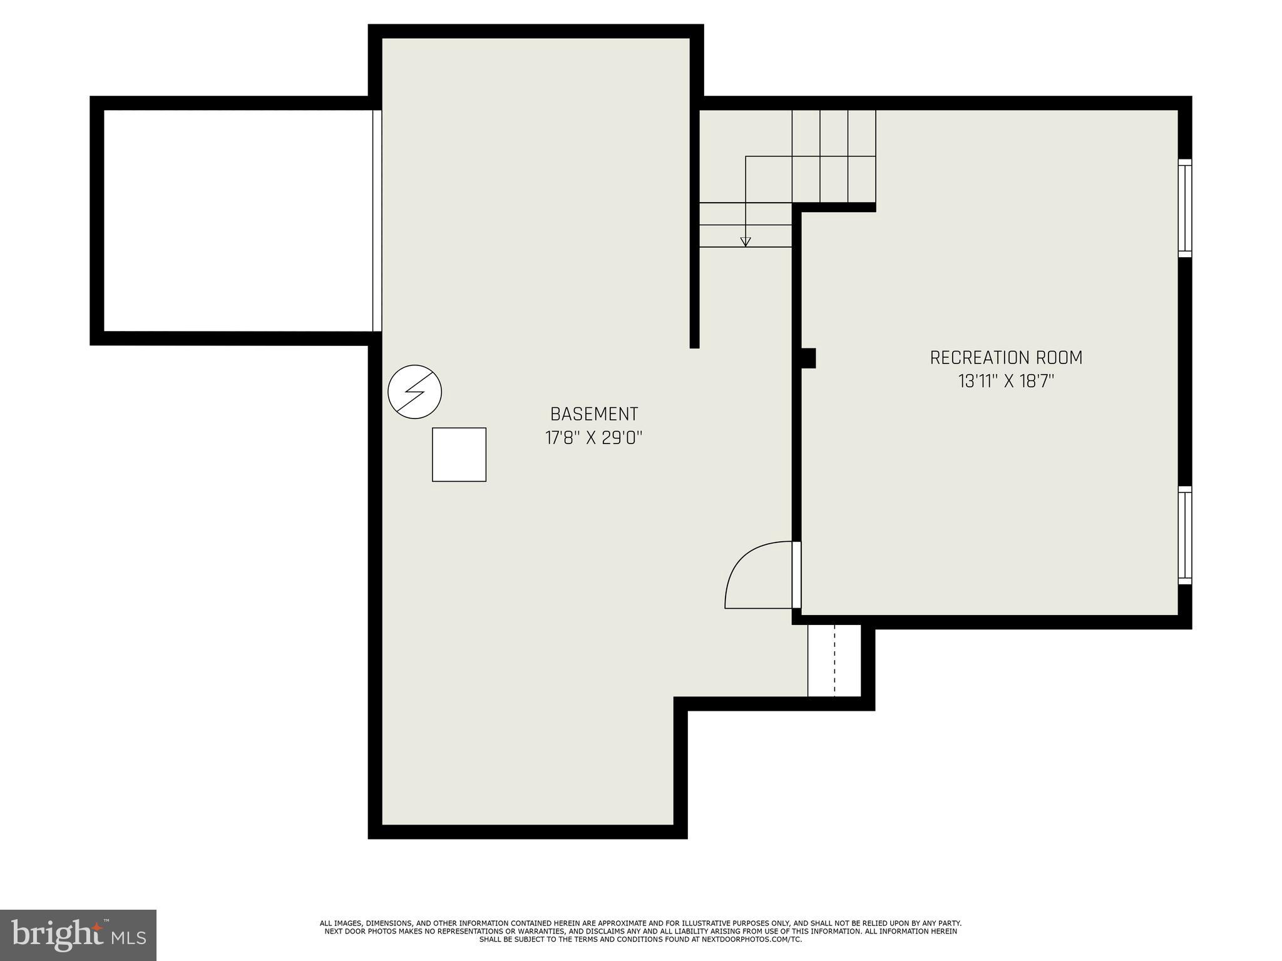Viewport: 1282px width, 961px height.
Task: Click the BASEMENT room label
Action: coord(593,414)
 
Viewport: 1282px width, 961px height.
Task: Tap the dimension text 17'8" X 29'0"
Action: coord(593,438)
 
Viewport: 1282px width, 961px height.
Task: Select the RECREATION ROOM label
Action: coord(1005,358)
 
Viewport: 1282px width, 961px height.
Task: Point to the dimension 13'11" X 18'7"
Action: coord(1005,381)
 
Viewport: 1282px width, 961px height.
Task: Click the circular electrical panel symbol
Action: coord(414,392)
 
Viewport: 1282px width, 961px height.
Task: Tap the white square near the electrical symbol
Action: coord(459,455)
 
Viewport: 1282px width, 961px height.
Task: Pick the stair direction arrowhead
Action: coord(745,242)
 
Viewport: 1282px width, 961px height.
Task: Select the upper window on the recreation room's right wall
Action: coord(1184,208)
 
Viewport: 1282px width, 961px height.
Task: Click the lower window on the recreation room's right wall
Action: coord(1184,536)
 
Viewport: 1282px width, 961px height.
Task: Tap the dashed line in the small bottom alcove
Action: coord(834,660)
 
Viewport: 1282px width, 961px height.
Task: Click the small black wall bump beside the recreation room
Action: coord(808,358)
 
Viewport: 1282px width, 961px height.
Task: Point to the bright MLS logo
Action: coord(78,935)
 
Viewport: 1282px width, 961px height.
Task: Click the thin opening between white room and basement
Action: coord(377,220)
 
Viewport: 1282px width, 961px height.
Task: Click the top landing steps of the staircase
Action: coord(833,156)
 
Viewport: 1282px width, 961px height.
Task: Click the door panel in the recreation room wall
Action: coord(796,574)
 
